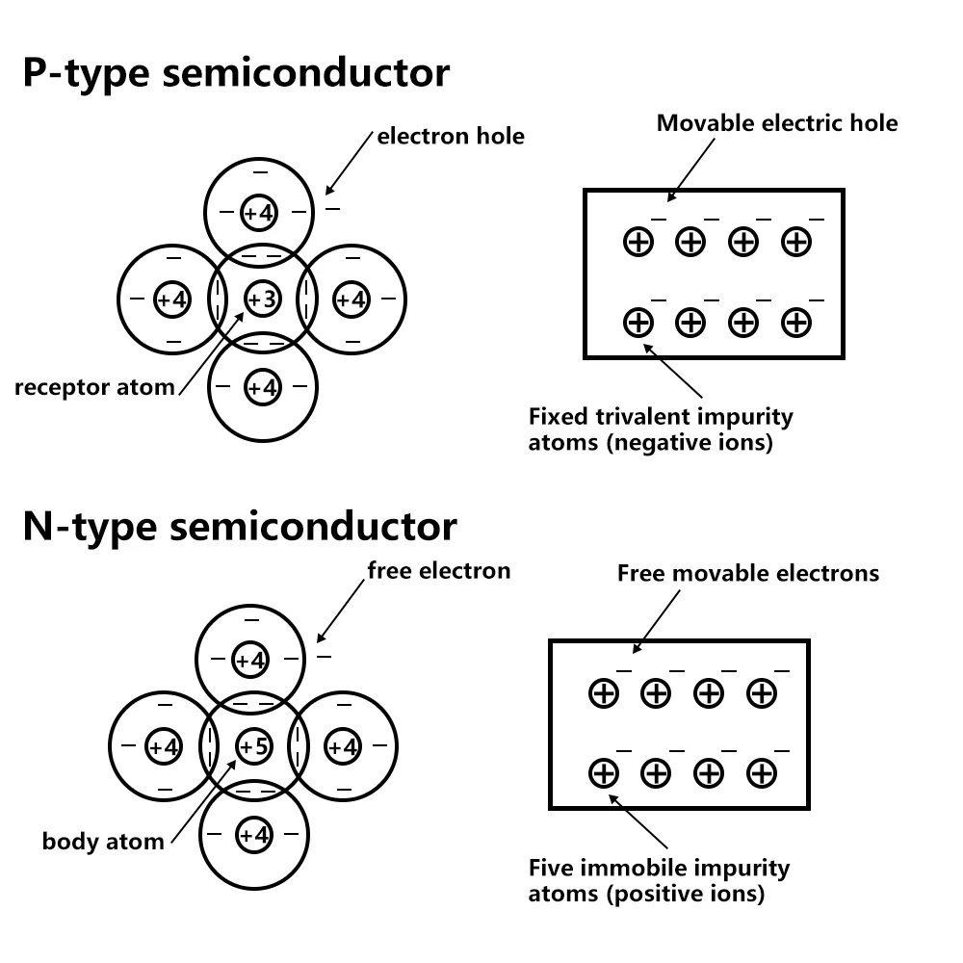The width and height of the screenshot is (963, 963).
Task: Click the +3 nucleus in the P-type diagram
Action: (x=263, y=299)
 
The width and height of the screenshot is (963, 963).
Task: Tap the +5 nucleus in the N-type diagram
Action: (x=254, y=746)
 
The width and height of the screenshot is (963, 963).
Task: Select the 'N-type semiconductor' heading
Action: (x=240, y=527)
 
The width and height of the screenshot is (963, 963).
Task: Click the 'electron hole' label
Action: (x=451, y=136)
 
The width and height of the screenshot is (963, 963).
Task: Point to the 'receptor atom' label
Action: (x=94, y=387)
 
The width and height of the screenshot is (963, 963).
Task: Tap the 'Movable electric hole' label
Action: (x=777, y=123)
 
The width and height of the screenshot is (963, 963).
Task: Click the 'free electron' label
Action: (x=439, y=570)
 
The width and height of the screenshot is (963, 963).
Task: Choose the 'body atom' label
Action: (x=103, y=841)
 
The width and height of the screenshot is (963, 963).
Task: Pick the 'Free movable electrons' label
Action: (x=748, y=573)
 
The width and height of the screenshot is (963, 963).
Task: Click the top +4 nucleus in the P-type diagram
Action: (x=259, y=213)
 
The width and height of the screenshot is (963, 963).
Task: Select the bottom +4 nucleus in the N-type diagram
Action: (x=254, y=835)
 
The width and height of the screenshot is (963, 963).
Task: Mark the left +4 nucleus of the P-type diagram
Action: (x=172, y=299)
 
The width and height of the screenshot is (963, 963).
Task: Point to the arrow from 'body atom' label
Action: (x=204, y=801)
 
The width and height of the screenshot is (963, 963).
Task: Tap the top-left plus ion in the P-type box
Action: (x=638, y=242)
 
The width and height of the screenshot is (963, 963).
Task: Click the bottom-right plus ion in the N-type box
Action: (x=762, y=772)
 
